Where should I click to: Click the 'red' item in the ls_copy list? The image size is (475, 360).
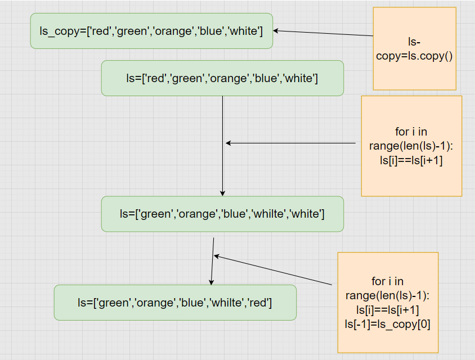(x=101, y=31)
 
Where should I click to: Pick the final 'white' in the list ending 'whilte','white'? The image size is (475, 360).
(x=306, y=214)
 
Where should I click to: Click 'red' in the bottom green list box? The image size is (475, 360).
(x=258, y=303)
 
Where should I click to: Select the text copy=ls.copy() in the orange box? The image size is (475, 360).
(x=414, y=56)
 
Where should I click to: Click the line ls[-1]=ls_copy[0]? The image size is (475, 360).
(x=387, y=324)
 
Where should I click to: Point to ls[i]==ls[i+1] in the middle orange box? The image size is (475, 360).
(x=411, y=160)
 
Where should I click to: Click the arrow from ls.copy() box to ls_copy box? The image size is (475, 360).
(x=323, y=33)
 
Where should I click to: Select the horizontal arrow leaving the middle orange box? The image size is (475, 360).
(x=291, y=143)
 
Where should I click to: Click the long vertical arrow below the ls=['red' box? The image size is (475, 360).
(x=223, y=146)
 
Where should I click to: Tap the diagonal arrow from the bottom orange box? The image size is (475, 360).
(x=273, y=270)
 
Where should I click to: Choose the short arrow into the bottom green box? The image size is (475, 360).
(x=213, y=261)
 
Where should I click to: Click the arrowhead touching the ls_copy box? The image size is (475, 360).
(x=276, y=30)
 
